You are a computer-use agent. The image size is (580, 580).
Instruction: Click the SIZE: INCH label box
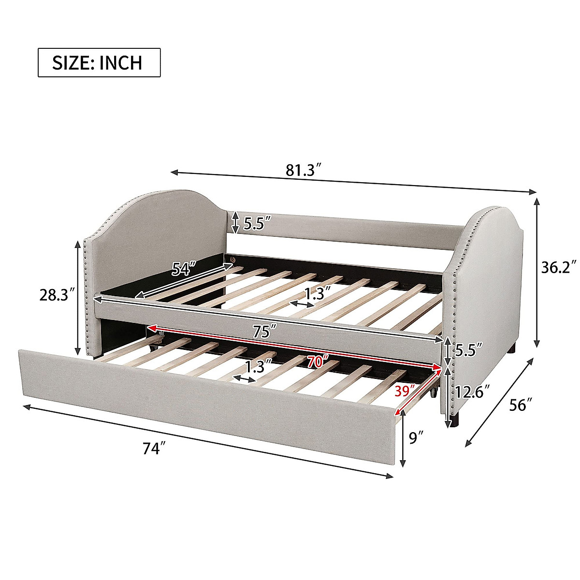coord(99,63)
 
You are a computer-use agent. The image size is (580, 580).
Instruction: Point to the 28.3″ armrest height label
coord(58,295)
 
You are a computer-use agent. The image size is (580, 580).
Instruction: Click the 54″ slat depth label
coord(183,268)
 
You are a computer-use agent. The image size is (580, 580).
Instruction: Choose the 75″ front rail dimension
coord(264,332)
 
